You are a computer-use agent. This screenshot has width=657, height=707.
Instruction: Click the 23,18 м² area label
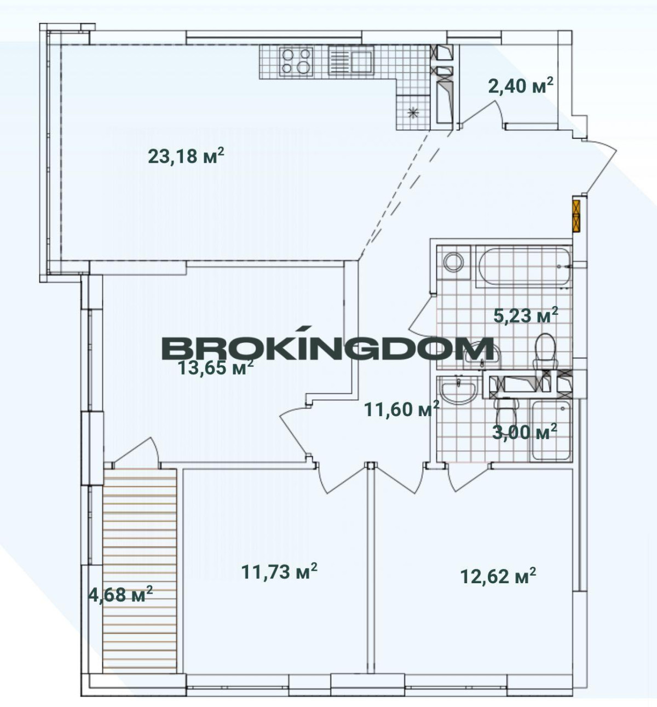(186, 156)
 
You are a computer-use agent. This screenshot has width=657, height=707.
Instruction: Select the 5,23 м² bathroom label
(526, 315)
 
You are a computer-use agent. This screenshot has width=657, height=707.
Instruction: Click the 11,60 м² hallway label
(401, 409)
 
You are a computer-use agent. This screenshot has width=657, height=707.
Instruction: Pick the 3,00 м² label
(525, 432)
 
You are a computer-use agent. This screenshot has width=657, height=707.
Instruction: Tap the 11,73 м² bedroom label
(279, 571)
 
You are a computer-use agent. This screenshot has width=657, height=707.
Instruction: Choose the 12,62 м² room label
(498, 576)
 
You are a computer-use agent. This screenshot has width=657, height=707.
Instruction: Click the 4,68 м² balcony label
(120, 595)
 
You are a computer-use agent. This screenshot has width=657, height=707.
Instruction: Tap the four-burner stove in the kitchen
(296, 61)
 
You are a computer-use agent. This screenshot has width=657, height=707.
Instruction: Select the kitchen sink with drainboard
(351, 61)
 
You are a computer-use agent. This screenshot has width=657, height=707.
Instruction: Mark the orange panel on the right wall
(576, 216)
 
